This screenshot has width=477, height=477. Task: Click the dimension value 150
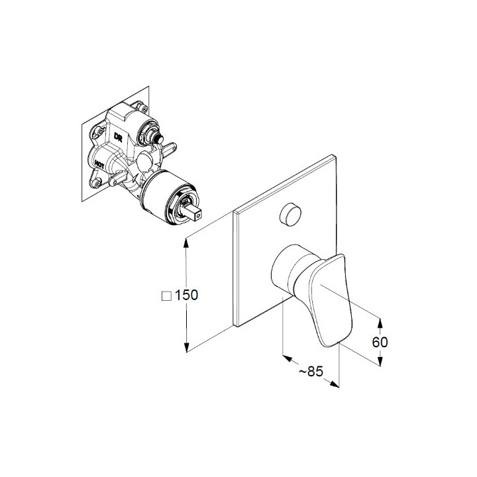186,295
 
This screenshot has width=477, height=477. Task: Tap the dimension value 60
380,343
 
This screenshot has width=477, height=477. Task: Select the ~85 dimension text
311,372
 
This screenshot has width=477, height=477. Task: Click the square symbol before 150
166,296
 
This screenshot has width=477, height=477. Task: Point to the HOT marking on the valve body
99,164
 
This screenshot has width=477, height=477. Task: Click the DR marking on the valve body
118,137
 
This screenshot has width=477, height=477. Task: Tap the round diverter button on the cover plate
290,215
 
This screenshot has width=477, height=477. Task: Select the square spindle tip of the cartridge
193,213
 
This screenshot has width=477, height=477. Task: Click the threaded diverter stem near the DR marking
158,138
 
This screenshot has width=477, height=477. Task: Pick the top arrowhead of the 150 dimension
186,243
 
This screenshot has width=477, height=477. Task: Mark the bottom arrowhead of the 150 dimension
186,347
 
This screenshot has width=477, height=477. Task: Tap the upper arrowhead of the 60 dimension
380,323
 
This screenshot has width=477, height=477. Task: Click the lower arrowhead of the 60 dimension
380,362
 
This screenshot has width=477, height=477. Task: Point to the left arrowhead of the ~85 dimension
288,358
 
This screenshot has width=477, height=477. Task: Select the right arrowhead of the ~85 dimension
335,384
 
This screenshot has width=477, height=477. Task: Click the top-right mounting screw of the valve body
142,108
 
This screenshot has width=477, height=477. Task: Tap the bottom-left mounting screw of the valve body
96,184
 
